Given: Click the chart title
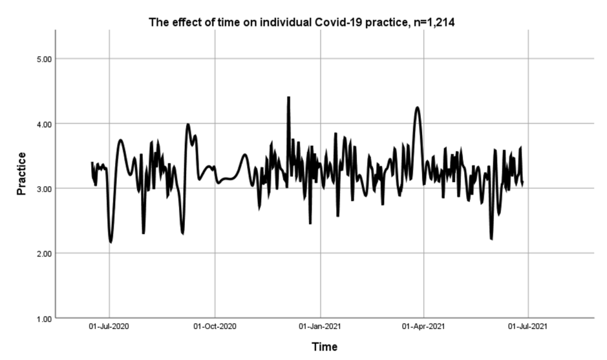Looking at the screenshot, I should pos(304,23).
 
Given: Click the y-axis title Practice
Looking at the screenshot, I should pos(21,174).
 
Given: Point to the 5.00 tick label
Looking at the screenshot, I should pos(44,59).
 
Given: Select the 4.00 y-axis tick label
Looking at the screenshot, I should pos(44,124).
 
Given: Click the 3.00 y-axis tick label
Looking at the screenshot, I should pos(44,189).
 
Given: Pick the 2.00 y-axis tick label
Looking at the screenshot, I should pos(44,253).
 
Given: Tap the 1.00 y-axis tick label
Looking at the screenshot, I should pos(44,318).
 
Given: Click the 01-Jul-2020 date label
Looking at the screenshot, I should pos(109,327).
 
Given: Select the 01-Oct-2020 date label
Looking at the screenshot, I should pos(215,327).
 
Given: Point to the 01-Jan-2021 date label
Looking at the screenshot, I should pos(320,327).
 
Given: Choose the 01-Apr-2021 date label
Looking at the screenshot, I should pos(424,327).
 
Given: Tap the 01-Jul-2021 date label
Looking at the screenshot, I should pos(528,327).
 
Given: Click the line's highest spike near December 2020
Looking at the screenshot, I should pos(289,97).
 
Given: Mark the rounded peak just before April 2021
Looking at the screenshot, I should pos(417,107).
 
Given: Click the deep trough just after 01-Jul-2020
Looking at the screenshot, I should pos(111,242).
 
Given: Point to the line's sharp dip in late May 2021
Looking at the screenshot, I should pos(491,238).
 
